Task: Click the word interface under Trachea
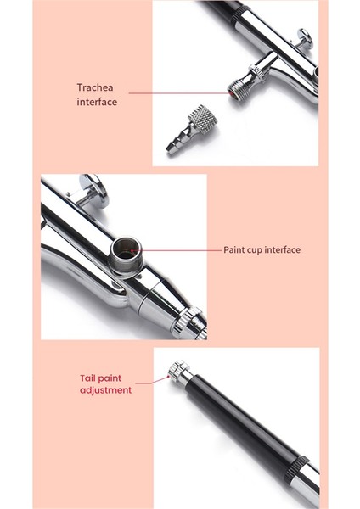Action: click(x=96, y=102)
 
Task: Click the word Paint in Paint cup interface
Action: click(x=234, y=250)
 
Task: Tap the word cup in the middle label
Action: click(x=256, y=250)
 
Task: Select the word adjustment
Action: click(x=105, y=391)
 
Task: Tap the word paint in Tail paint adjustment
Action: click(x=117, y=378)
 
